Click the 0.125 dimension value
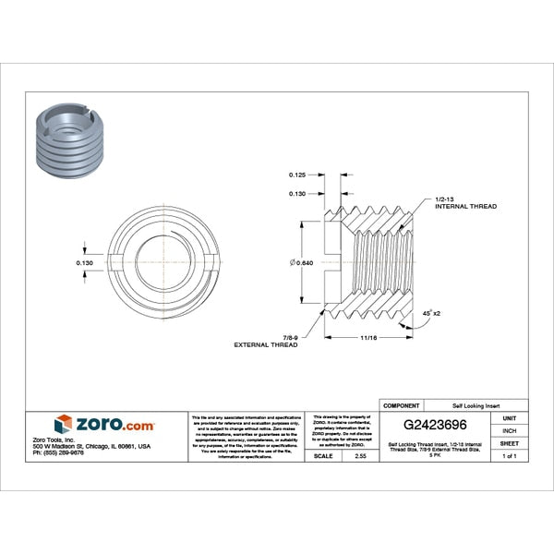point(297,174)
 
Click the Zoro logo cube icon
point(63,424)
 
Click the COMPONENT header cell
point(401,405)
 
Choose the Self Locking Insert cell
point(477,405)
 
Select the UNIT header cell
point(509,418)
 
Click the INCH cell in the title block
point(509,431)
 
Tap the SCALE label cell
point(322,456)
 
